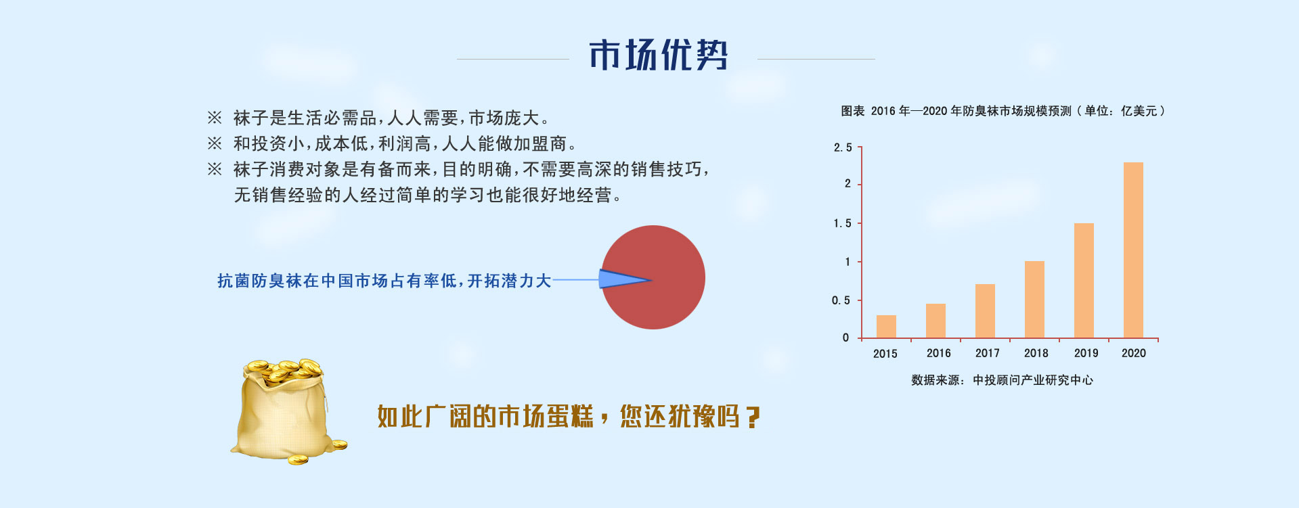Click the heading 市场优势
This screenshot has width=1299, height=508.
[x=659, y=55]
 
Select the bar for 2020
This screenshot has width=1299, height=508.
[x=1133, y=250]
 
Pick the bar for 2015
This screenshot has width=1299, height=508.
[x=886, y=327]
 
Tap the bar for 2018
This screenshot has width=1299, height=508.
[x=1034, y=300]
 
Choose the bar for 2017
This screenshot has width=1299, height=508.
[x=985, y=311]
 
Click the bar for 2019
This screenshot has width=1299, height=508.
[x=1084, y=281]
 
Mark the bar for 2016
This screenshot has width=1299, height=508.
[x=935, y=321]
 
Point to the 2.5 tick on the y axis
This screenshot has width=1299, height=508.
[x=843, y=147]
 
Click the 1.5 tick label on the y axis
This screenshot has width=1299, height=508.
[x=843, y=223]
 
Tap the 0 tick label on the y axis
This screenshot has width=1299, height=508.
[x=845, y=338]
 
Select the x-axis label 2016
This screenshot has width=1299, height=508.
[x=938, y=353]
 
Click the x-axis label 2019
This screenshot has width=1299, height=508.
[x=1086, y=353]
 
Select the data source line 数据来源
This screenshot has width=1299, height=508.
[x=1002, y=380]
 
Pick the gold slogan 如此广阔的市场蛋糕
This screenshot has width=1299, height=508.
[x=485, y=417]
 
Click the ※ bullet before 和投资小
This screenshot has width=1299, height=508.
[x=215, y=143]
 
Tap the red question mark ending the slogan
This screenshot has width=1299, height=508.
[x=752, y=417]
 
